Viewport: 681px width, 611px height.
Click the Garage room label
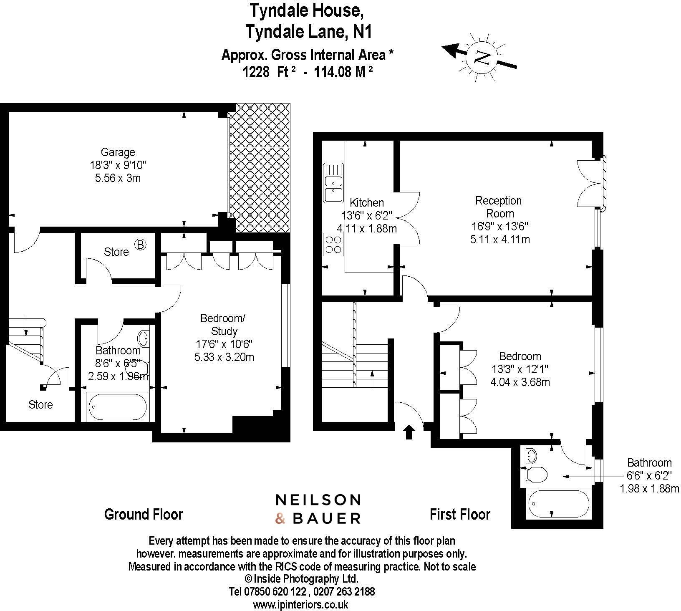tap(118, 152)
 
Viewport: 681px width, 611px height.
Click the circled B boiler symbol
tap(140, 245)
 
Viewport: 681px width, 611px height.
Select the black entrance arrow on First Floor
tap(409, 432)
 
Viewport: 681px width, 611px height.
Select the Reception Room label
tap(499, 207)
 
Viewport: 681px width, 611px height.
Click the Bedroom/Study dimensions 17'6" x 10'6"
tap(224, 344)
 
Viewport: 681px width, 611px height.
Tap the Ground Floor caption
tap(144, 514)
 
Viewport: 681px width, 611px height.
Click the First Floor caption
tap(460, 514)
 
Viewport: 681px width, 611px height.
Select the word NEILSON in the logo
tap(318, 500)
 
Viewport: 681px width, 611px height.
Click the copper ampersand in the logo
tap(280, 519)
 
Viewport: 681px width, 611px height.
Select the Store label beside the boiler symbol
tap(116, 252)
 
